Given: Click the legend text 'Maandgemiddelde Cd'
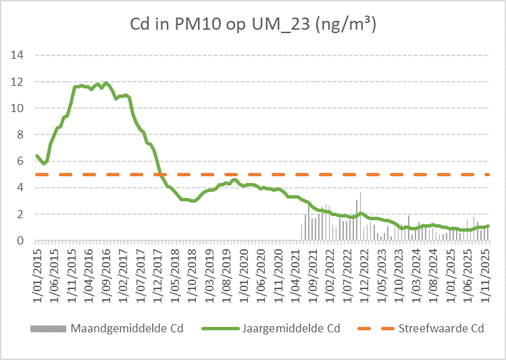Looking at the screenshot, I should coord(126,328).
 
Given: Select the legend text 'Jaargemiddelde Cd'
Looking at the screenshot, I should coord(290,328).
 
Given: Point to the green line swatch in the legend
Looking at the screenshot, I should coord(220,328).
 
